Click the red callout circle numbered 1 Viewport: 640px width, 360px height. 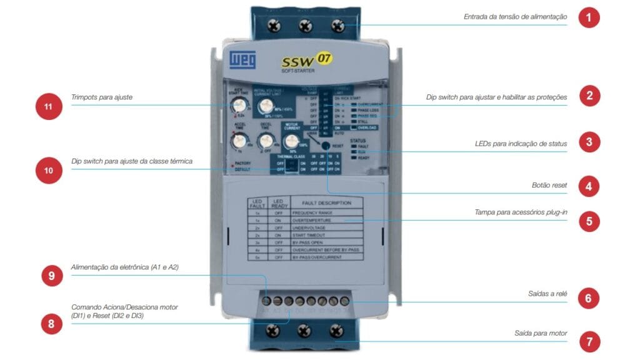click(x=588, y=17)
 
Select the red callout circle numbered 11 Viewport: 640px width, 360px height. click(x=48, y=106)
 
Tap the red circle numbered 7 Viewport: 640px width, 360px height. click(x=588, y=342)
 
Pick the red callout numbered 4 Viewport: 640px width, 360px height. click(x=588, y=186)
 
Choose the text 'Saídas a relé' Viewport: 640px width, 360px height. click(x=544, y=293)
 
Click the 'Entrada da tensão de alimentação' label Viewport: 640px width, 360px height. click(x=515, y=17)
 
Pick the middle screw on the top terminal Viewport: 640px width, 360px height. click(x=306, y=26)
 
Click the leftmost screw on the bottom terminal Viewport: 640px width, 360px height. click(x=272, y=329)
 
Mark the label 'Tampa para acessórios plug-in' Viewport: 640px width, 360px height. click(x=521, y=212)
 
